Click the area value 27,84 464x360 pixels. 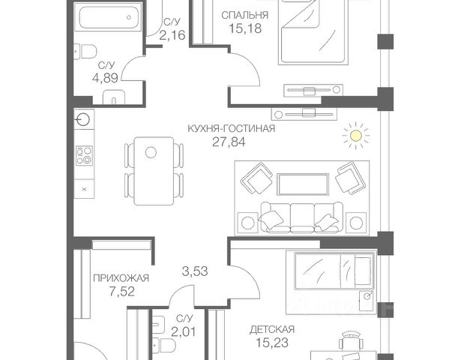coord(229,142)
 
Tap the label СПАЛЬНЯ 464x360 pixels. coord(244,15)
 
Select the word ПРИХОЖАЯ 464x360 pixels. coord(121,278)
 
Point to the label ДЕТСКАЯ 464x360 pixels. coord(272,329)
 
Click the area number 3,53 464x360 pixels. coord(195,271)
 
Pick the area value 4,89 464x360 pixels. coord(105,78)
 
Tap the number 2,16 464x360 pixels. coord(172,35)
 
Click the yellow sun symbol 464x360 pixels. coord(356,136)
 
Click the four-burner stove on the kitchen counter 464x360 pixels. coord(84,155)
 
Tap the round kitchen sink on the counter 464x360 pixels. coord(83,120)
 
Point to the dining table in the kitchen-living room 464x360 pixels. coord(154,171)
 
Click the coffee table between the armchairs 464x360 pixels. coord(303,184)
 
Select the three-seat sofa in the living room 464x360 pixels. coord(302,217)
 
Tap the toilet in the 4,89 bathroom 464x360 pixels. coord(85,52)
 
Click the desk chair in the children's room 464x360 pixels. coord(351,340)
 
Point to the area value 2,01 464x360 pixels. coord(184,331)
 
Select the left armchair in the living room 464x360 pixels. coord(256,178)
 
